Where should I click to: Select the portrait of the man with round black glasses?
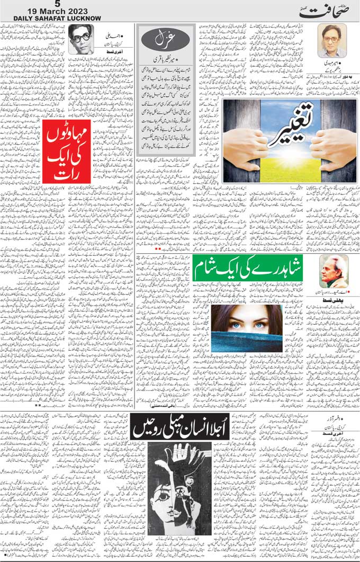[80, 39]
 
